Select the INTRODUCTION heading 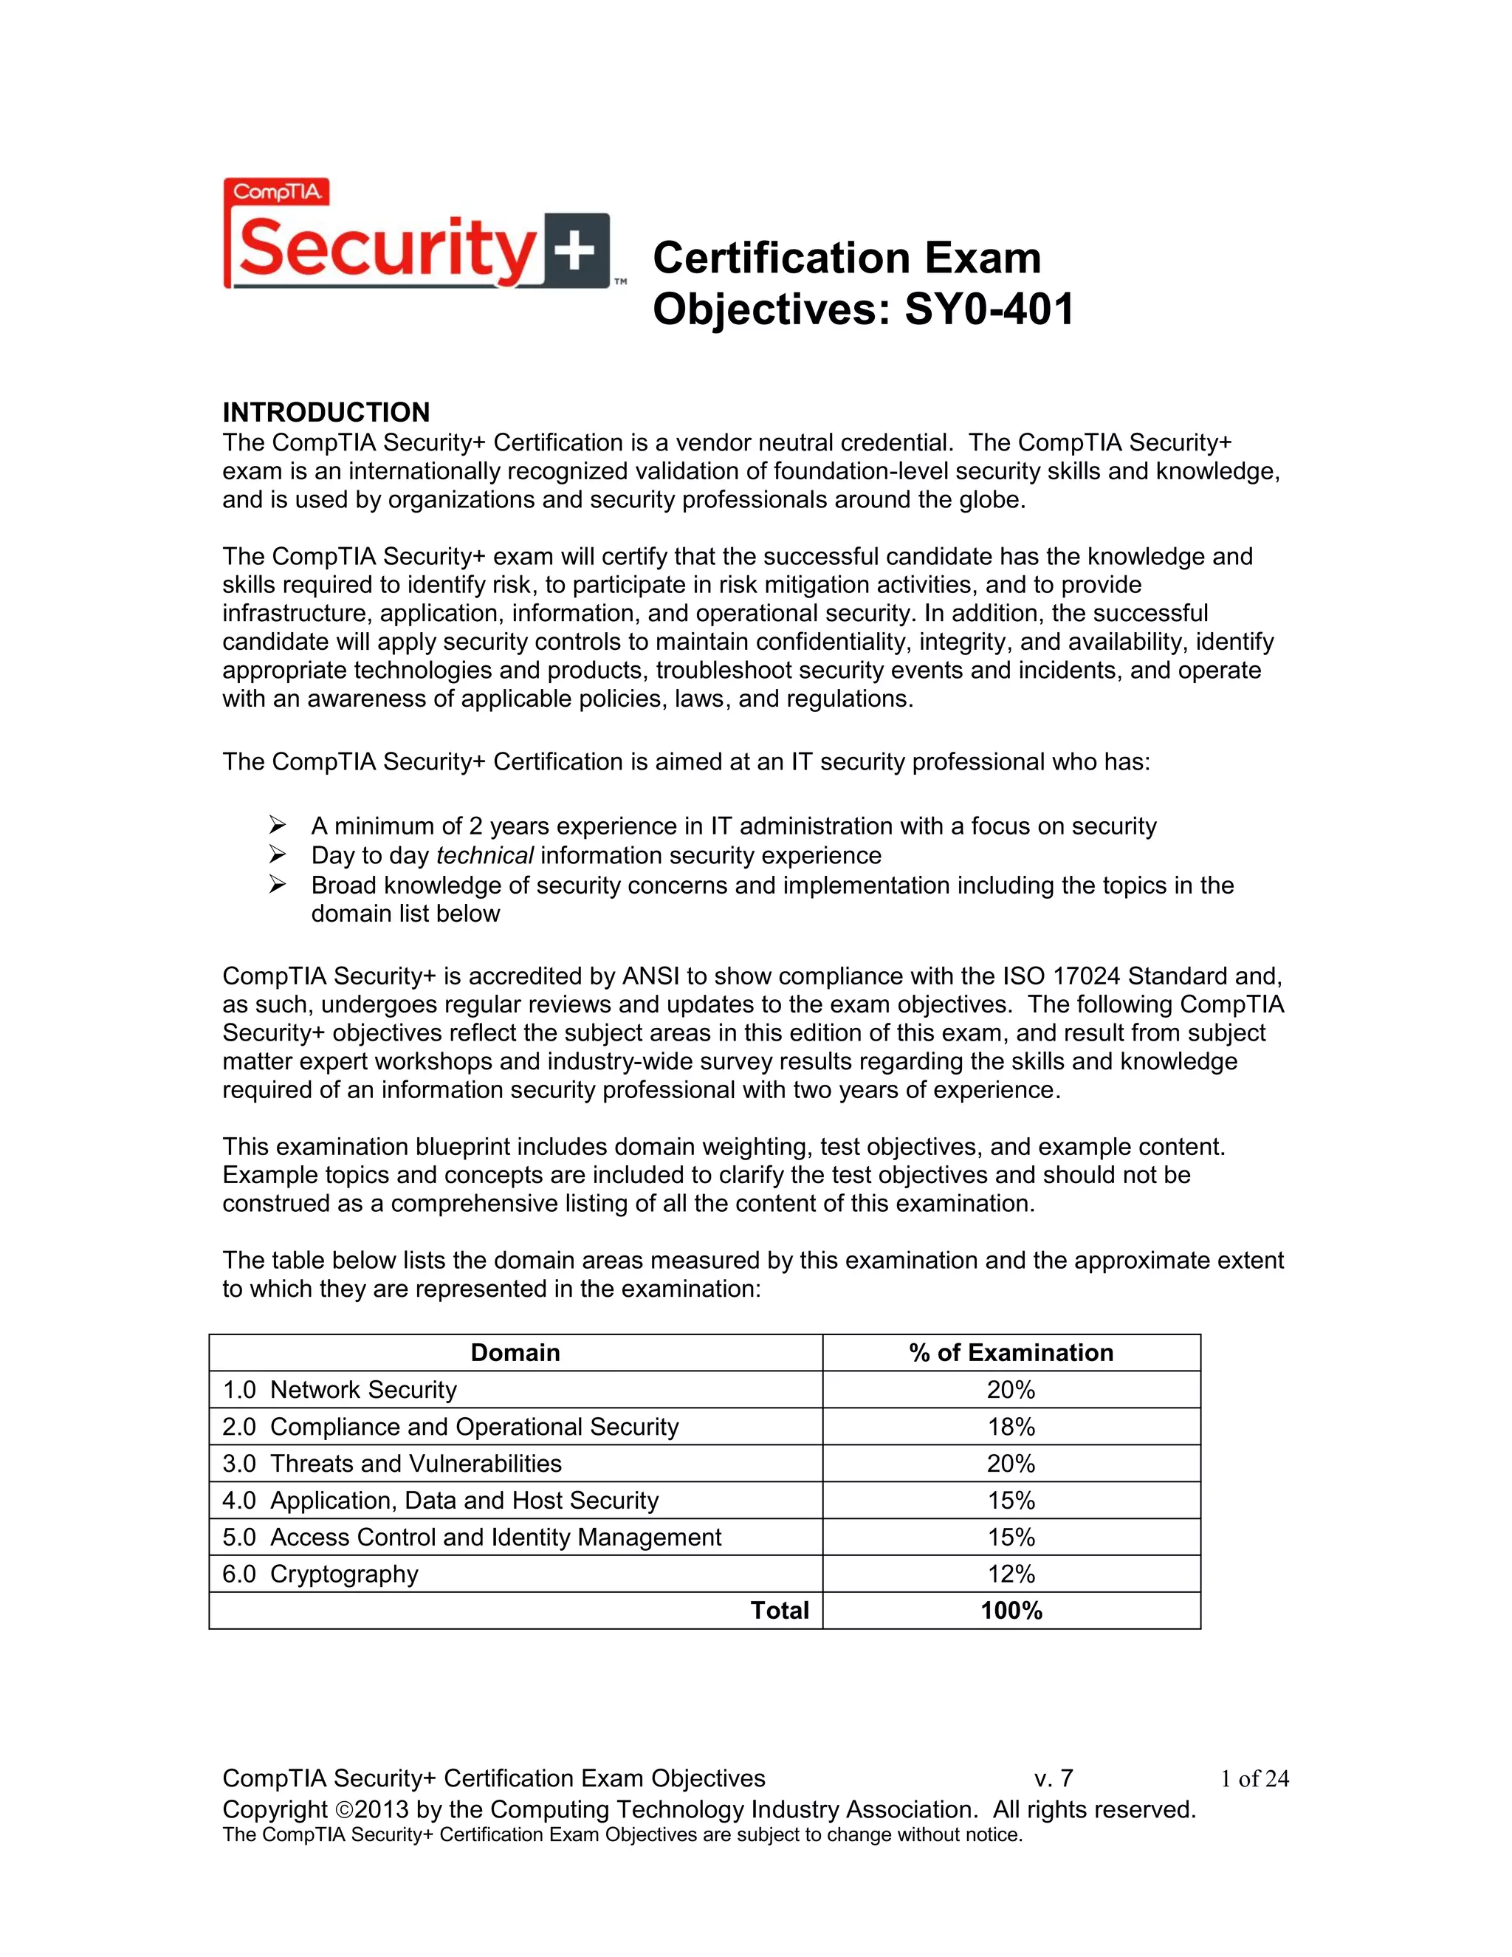coord(326,412)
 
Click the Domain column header coord(515,1352)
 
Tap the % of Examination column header coord(1011,1352)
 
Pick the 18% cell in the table coord(1011,1427)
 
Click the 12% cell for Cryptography coord(1011,1574)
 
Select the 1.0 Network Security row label coord(340,1390)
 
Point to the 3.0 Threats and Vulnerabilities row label coord(391,1463)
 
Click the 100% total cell coord(1011,1611)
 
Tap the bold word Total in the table coord(780,1611)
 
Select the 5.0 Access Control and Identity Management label coord(471,1538)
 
